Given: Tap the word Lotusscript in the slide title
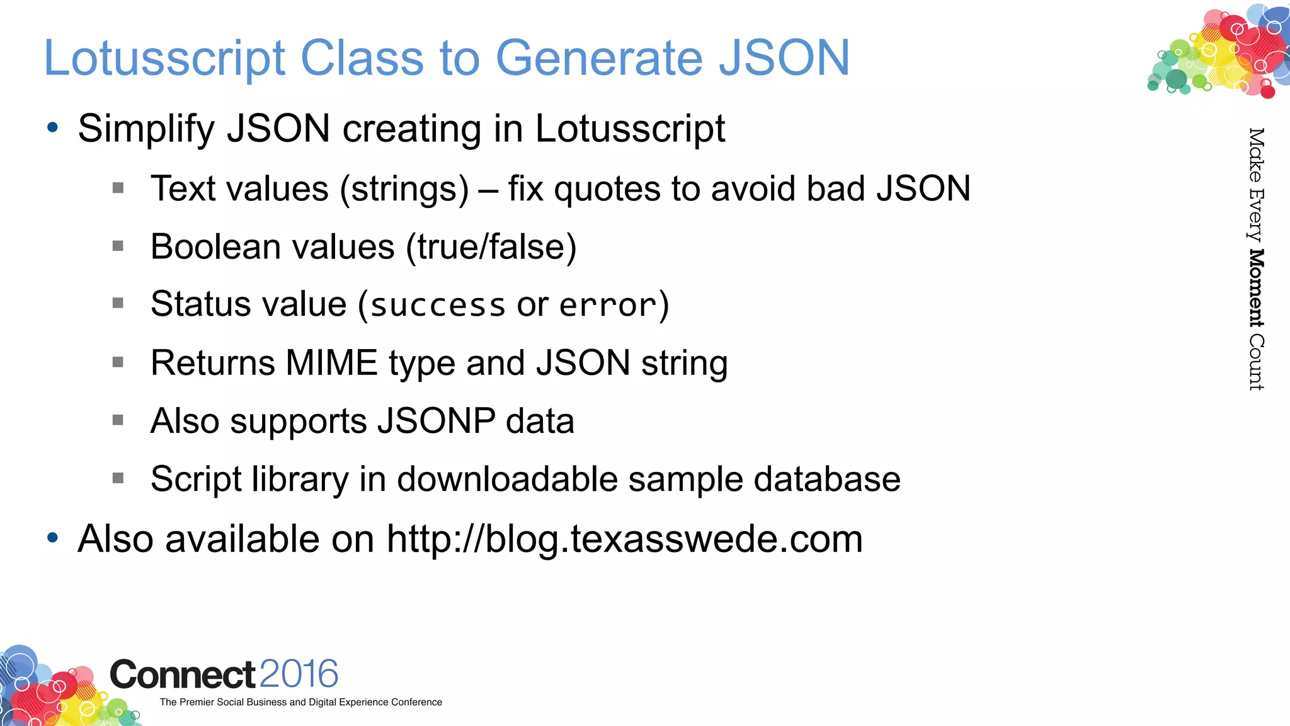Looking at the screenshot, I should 164,58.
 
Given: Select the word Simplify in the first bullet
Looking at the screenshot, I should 146,129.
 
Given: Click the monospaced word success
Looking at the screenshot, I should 438,306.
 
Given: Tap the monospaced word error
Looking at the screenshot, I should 608,306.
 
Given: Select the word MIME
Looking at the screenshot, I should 331,363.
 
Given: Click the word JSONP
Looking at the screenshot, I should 436,421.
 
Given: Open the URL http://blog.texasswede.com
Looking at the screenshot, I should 624,539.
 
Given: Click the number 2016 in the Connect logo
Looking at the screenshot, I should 299,674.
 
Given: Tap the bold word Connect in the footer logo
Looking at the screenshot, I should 183,675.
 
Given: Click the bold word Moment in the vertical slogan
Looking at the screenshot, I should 1256,288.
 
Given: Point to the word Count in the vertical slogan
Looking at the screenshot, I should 1256,362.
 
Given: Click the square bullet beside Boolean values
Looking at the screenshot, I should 118,246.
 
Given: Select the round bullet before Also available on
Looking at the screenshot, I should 53,538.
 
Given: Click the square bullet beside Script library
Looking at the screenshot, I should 118,478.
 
